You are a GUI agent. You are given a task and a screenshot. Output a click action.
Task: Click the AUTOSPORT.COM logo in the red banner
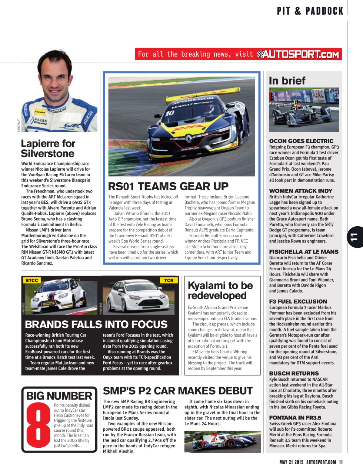[x=298, y=54]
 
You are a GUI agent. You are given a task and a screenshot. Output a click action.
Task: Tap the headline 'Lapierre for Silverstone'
[x=48, y=148]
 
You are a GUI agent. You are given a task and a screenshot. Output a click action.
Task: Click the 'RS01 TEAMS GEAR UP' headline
[x=168, y=186]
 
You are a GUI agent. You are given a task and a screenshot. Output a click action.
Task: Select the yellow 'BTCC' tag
[x=32, y=280]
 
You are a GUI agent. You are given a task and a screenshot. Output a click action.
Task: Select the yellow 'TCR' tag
[x=169, y=280]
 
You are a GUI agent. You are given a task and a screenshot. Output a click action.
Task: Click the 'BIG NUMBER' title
[x=59, y=396]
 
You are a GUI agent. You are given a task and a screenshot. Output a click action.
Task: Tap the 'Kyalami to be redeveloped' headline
[x=220, y=290]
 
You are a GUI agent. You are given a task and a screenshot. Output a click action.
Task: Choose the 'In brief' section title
[x=287, y=81]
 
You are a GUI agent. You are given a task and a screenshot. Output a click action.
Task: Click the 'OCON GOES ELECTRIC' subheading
[x=301, y=141]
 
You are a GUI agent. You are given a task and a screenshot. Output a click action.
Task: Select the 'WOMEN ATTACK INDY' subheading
[x=301, y=191]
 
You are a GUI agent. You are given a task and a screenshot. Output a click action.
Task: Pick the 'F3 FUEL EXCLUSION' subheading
[x=298, y=301]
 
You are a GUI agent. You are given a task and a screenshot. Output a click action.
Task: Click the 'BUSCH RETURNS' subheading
[x=294, y=373]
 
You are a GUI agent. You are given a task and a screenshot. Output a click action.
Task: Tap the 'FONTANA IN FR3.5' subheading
[x=295, y=418]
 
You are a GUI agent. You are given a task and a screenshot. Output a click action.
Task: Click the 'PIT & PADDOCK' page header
[x=310, y=11]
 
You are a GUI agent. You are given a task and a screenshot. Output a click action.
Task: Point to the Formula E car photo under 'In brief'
[x=304, y=110]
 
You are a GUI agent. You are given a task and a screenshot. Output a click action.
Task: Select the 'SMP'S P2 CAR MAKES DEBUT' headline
[x=177, y=391]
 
